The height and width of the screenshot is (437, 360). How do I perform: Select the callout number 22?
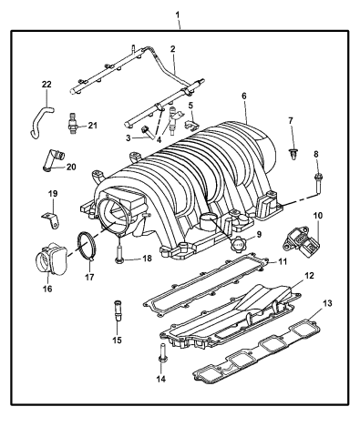[x=46, y=85]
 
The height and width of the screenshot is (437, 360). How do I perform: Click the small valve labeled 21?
[x=73, y=125]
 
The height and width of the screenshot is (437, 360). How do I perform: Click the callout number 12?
[x=310, y=276]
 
